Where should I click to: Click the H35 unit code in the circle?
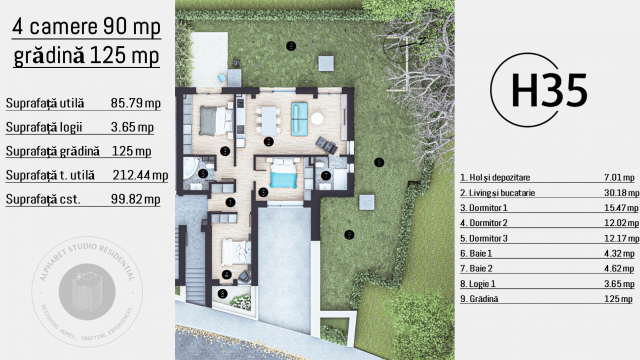point(549,91)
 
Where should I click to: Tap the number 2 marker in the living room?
point(269,142)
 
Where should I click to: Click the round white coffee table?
point(317,118)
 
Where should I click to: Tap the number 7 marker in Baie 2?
point(326,175)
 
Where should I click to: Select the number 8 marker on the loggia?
point(222,292)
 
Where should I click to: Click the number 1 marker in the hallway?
point(230,203)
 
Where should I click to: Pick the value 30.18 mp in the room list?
point(621,193)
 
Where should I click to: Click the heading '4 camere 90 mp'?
point(86,27)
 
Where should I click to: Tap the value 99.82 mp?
point(135,199)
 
